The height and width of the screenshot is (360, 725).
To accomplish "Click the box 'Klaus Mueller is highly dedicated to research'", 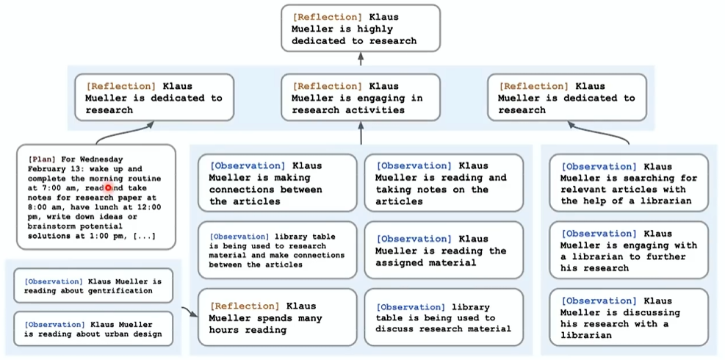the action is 361,28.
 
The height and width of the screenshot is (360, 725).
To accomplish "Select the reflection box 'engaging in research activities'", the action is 361,98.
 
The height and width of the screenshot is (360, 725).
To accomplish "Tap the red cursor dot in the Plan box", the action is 108,188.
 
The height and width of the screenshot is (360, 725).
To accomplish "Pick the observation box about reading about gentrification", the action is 93,286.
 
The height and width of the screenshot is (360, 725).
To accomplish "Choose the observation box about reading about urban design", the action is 93,329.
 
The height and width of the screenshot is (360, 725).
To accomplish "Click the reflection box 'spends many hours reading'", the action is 278,317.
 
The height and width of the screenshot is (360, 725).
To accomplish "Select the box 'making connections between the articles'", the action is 278,183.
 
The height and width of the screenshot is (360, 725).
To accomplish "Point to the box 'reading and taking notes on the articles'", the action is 444,183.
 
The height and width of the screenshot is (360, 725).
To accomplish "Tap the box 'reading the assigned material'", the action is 444,251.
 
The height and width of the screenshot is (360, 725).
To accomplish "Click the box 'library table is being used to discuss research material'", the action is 444,317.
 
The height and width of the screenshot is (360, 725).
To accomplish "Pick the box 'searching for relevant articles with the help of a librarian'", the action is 629,183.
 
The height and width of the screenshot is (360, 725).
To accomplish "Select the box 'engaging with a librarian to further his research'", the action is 629,251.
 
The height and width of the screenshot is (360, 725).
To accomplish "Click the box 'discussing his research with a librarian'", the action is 629,317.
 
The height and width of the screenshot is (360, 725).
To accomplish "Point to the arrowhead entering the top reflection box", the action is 361,55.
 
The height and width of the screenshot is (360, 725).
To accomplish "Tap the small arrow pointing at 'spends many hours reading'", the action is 190,312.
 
